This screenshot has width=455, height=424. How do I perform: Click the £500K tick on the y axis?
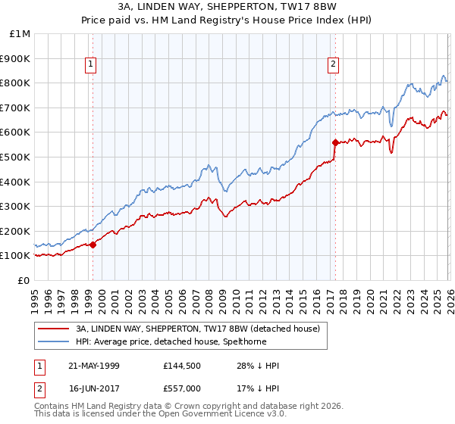15,157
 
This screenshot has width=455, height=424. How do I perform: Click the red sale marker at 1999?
93,245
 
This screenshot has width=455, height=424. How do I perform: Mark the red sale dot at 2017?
334,142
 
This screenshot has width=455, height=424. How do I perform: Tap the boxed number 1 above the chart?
90,64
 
